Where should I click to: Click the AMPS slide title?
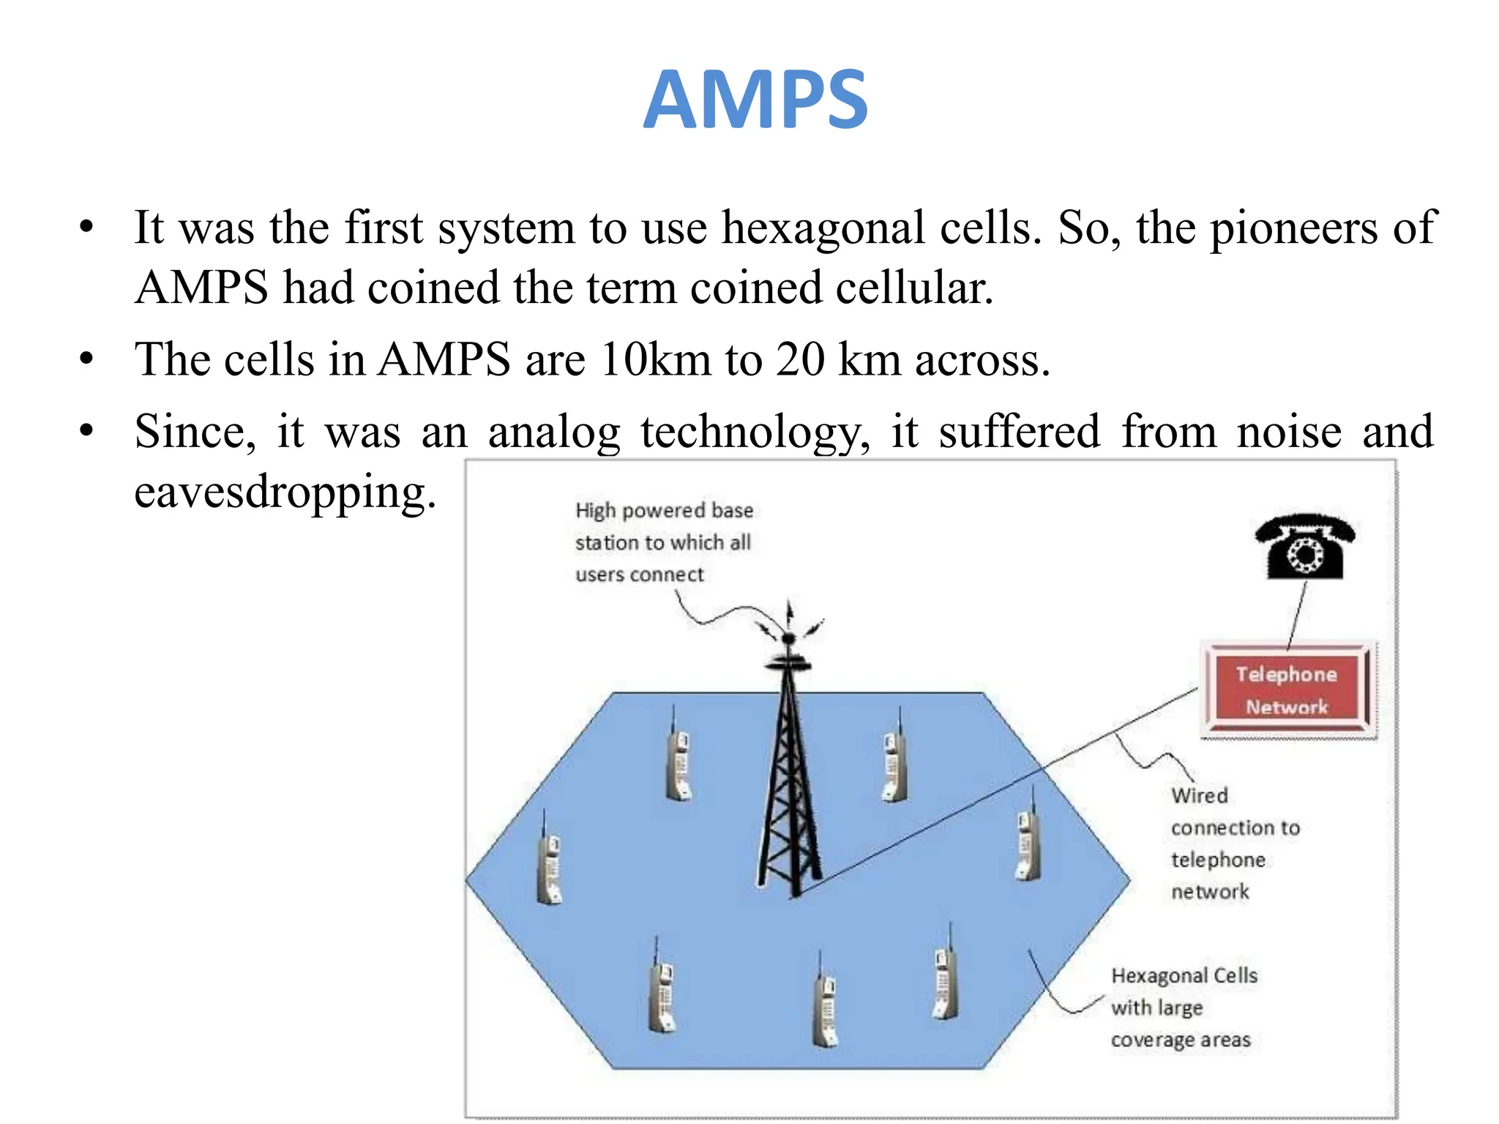[x=755, y=100]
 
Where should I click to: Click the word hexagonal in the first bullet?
[x=823, y=228]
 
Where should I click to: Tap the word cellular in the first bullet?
[x=914, y=288]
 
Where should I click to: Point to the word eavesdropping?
[x=285, y=492]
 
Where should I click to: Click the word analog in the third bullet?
[x=554, y=432]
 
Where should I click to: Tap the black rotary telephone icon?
[x=1305, y=547]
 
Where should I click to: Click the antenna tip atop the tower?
[x=789, y=609]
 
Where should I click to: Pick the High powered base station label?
[x=663, y=542]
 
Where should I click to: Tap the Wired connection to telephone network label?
[x=1234, y=843]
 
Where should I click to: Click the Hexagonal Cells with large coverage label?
[x=1183, y=1008]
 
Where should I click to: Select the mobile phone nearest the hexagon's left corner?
[x=549, y=863]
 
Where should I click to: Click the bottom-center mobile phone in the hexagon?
[x=825, y=1006]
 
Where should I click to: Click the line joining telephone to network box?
[x=1297, y=613]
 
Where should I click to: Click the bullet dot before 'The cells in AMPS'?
[x=87, y=359]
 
